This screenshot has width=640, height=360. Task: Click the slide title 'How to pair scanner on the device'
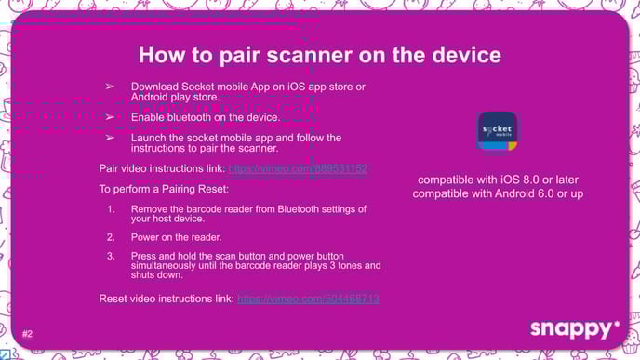coord(319,55)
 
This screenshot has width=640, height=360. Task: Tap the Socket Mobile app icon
coord(497,130)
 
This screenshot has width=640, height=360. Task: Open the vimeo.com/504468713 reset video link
coord(308,299)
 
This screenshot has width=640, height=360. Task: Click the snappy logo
coord(574,328)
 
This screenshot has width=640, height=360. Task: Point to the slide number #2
coord(27,333)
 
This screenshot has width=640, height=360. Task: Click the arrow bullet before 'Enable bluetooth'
coord(110,118)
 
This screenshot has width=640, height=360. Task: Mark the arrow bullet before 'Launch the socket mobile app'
coord(110,138)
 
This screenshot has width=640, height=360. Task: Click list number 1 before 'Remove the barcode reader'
coord(111,207)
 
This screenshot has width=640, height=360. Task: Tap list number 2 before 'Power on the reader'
coord(111,237)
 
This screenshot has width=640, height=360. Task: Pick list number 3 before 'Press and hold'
coord(111,255)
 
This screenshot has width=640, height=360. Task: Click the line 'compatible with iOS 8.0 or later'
coord(498,180)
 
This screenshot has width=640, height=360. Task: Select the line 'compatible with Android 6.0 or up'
coord(498,193)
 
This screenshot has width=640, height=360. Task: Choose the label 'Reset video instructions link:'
coord(167,299)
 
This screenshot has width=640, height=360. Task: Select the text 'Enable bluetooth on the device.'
coord(206,118)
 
